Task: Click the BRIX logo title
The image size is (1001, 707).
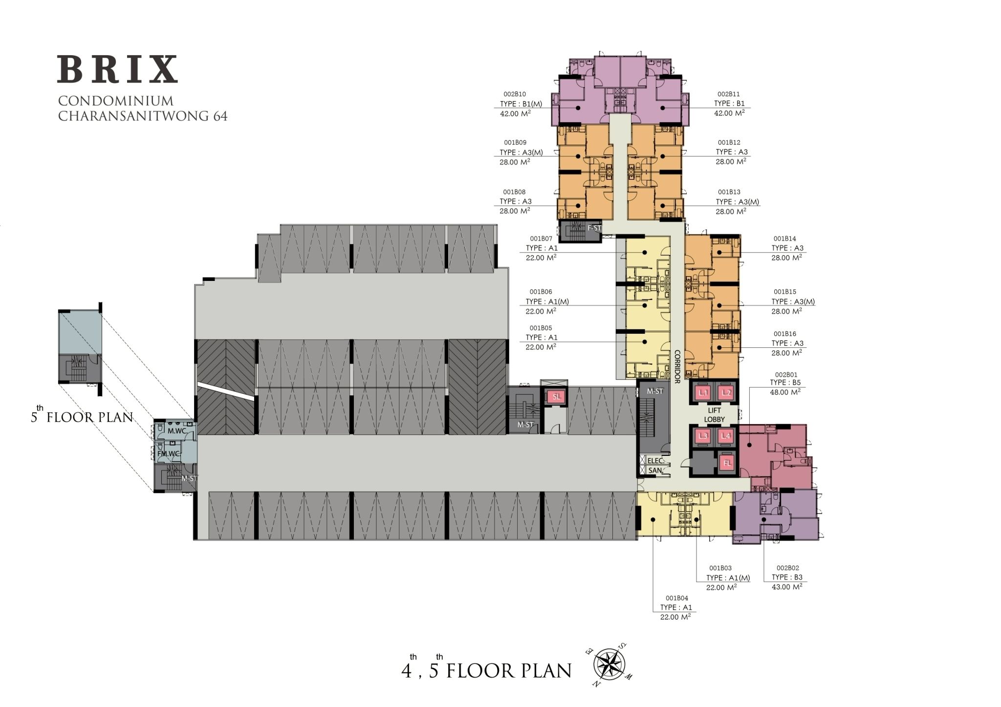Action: click(117, 69)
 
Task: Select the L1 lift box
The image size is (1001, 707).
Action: click(703, 393)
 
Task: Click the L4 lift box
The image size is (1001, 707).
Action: click(726, 436)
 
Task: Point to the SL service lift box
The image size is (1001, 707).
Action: click(556, 396)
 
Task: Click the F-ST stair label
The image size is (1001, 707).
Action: click(594, 228)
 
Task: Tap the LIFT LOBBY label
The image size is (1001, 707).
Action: click(714, 415)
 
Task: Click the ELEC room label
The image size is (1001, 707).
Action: click(654, 461)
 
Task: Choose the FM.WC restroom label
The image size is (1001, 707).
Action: click(173, 454)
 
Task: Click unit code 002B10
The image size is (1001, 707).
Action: click(514, 94)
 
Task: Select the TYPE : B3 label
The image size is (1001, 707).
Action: click(787, 578)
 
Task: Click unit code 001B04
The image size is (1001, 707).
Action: click(676, 598)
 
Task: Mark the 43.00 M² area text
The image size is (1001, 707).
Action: click(787, 587)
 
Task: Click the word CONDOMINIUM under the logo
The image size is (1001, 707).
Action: click(116, 101)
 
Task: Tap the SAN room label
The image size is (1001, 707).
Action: click(654, 471)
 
